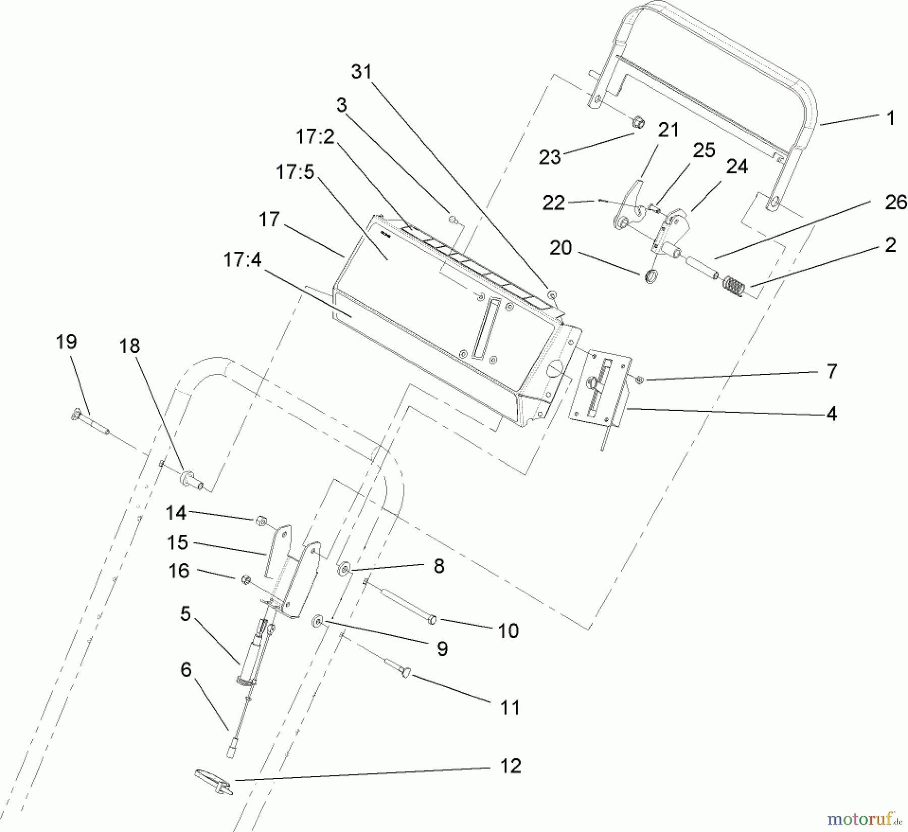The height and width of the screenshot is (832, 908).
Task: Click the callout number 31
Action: click(362, 72)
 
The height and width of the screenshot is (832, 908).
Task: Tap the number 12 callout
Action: click(510, 766)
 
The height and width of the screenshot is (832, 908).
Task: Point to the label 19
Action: click(66, 342)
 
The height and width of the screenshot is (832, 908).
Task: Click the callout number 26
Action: click(896, 202)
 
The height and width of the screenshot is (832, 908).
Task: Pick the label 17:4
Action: click(242, 260)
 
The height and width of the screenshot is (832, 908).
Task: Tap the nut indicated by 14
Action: click(260, 520)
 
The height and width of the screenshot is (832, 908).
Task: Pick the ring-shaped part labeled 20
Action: click(650, 276)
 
